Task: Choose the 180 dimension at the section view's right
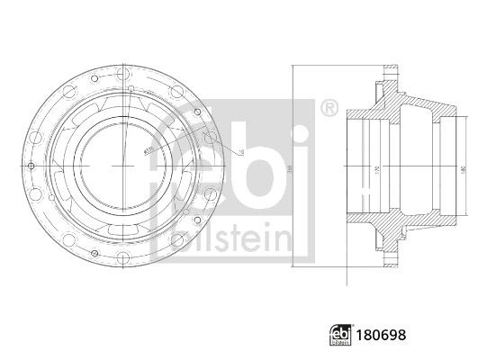[x=464, y=169]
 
